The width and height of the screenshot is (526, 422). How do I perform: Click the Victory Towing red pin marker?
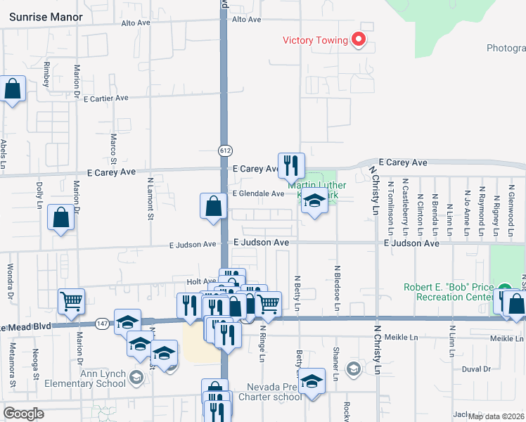tap(359, 39)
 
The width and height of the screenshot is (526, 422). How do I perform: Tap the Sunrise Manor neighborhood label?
tap(46, 17)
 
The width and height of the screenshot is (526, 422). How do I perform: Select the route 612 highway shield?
tap(224, 151)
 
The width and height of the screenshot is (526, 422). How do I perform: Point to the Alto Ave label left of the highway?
tap(136, 23)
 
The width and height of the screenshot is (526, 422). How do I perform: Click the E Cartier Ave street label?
tap(105, 98)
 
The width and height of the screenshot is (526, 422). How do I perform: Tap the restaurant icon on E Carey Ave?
tap(291, 166)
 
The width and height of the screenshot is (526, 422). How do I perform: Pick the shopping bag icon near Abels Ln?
tap(13, 89)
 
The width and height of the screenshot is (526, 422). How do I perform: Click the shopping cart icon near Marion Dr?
tap(72, 301)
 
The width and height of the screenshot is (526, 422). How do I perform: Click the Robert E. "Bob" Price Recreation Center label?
tap(449, 292)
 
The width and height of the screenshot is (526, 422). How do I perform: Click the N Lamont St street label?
tap(150, 198)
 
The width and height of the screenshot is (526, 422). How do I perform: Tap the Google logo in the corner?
tap(23, 414)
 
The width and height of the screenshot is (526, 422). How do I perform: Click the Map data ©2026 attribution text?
tap(495, 416)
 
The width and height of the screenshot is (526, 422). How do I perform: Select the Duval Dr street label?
tap(476, 369)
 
